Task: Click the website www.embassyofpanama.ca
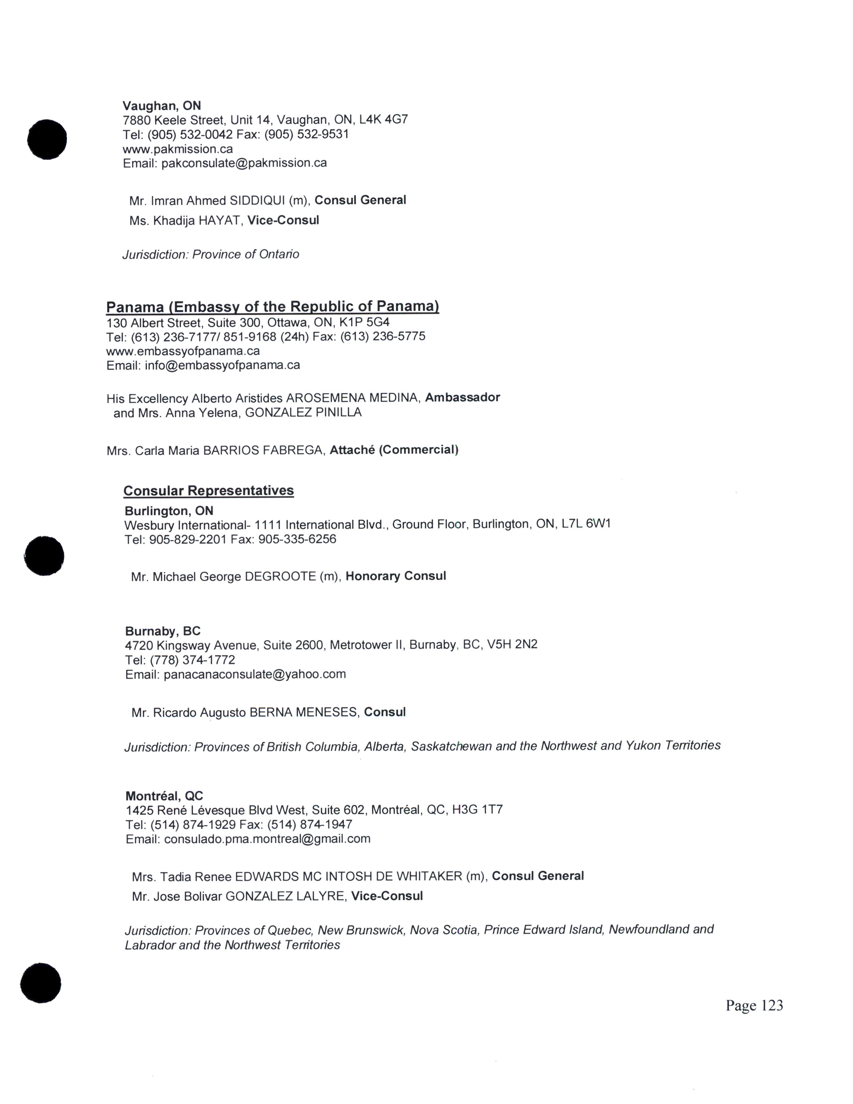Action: pyautogui.click(x=183, y=351)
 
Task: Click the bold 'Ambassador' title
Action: pyautogui.click(x=462, y=397)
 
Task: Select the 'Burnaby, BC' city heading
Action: pyautogui.click(x=163, y=631)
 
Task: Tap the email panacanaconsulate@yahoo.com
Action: pyautogui.click(x=255, y=674)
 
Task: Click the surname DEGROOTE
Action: pyautogui.click(x=280, y=576)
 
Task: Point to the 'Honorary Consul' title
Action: pyautogui.click(x=396, y=576)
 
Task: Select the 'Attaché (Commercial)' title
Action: pyautogui.click(x=394, y=450)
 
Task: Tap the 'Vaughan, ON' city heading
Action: pyautogui.click(x=162, y=106)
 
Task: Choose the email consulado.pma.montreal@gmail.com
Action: pyautogui.click(x=267, y=839)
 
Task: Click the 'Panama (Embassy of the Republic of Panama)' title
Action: pyautogui.click(x=272, y=307)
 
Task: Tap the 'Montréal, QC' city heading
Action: pyautogui.click(x=164, y=796)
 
